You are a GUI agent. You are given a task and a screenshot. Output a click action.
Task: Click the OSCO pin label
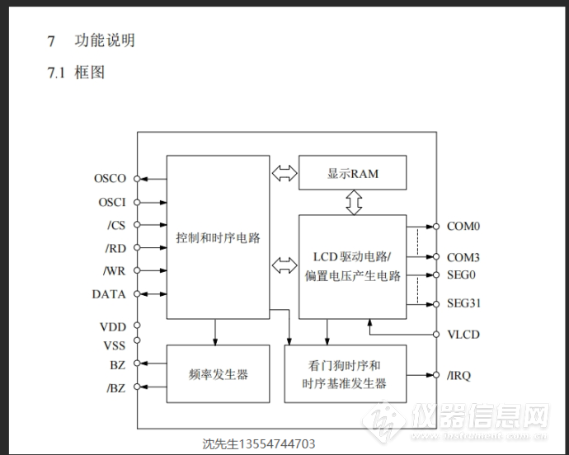(110, 179)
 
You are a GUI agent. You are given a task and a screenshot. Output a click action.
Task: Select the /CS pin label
(116, 225)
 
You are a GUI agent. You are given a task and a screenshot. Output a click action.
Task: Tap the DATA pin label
(109, 294)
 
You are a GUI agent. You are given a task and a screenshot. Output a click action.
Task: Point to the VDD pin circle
(137, 326)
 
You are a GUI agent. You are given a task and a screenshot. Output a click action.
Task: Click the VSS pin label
(115, 345)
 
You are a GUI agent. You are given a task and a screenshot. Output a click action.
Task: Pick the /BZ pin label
(115, 388)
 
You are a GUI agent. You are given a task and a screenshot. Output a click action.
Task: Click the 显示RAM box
(352, 173)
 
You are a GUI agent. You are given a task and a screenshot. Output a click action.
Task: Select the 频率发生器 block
(218, 373)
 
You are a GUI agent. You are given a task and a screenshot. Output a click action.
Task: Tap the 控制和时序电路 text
(218, 238)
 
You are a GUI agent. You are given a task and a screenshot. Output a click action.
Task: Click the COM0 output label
(463, 227)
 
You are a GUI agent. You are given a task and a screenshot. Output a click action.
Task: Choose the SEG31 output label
(463, 303)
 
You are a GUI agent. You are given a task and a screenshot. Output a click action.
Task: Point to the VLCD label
(463, 335)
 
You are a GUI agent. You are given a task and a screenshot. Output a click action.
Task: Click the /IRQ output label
(458, 375)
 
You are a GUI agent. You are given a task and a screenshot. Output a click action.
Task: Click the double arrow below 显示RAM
(354, 202)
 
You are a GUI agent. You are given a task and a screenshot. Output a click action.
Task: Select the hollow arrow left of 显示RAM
(284, 173)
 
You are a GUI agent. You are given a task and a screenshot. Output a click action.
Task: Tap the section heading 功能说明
(105, 40)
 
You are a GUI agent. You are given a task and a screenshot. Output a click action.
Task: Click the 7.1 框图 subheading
(76, 73)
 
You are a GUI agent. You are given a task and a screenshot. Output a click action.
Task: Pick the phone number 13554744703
(277, 443)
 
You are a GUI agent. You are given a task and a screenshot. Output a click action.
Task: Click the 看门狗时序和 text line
(344, 365)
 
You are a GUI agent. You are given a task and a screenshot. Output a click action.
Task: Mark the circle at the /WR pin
(137, 270)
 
